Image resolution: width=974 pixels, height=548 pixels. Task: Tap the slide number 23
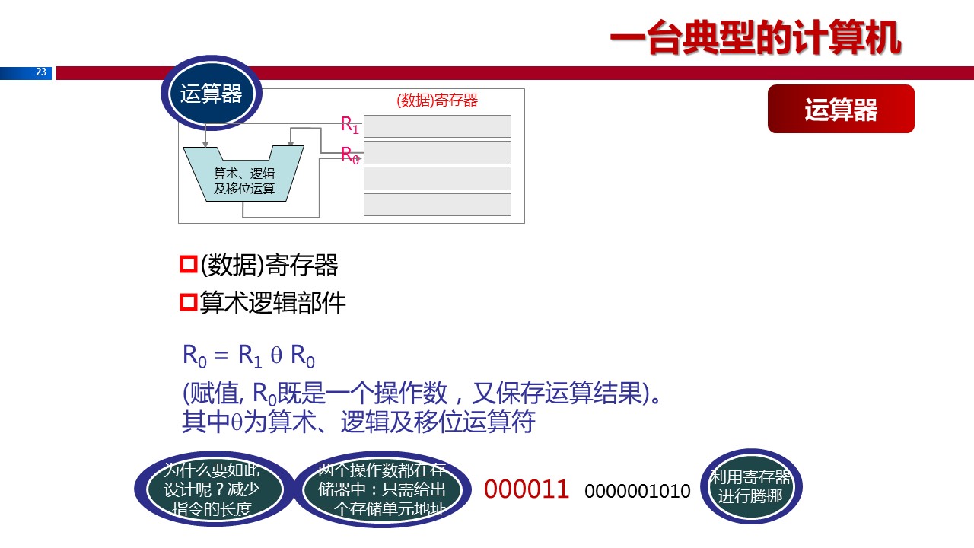(41, 72)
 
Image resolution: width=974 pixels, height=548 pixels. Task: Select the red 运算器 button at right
(841, 110)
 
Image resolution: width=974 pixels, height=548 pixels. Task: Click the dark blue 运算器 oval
(211, 94)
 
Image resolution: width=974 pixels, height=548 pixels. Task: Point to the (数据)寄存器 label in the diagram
(437, 100)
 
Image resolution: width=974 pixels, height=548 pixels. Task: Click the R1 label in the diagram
(349, 125)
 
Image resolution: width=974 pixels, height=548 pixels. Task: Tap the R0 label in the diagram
(349, 155)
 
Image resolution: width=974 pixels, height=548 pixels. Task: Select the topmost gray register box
(437, 126)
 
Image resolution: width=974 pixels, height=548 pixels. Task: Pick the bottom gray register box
(437, 205)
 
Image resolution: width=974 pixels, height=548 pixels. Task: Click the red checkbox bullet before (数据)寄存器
(188, 265)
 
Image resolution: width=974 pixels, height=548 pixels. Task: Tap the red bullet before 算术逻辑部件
(188, 303)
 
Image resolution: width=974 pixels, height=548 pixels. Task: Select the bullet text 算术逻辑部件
(272, 303)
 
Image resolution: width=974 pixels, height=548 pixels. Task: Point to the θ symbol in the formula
(277, 355)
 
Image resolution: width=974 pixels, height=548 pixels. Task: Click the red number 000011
(527, 489)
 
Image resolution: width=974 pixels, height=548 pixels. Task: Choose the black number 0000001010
(637, 491)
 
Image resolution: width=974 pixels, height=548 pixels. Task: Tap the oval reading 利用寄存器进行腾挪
(750, 486)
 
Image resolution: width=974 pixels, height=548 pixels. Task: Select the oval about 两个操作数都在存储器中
(381, 489)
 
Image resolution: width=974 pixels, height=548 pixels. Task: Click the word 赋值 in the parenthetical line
(215, 394)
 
